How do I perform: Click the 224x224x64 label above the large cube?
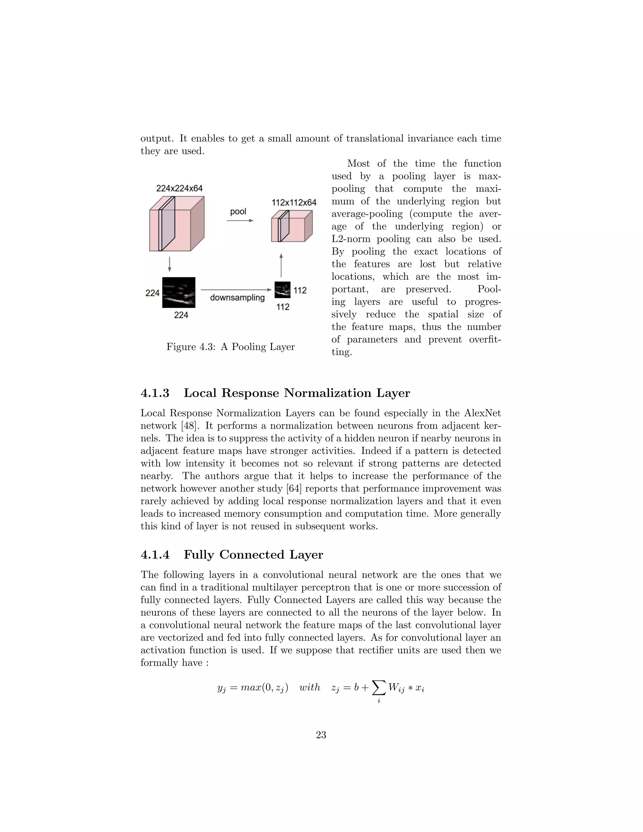coord(179,188)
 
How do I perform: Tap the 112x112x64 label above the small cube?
coord(294,202)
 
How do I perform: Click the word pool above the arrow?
coord(238,211)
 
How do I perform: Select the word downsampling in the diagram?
coord(237,298)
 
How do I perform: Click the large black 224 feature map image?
coord(179,292)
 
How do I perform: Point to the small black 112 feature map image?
coord(282,290)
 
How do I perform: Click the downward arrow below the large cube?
coord(170,264)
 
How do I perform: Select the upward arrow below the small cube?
coord(281,265)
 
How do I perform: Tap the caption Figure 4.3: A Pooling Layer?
coord(230,347)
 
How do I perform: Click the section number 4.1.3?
coord(155,393)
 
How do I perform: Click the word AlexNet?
coord(482,413)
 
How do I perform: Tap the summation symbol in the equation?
coord(378,688)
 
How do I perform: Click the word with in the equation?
coord(310,687)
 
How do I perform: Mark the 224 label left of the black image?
coord(152,293)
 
